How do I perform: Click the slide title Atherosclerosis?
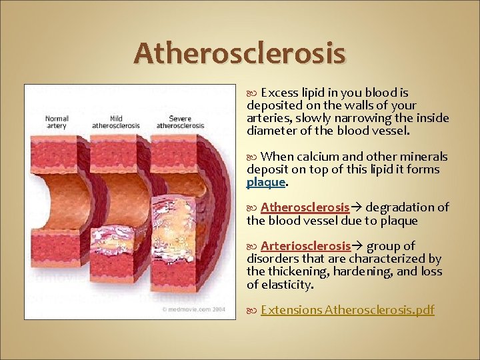point(239,53)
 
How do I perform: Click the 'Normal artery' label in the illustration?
point(57,121)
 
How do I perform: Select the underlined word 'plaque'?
point(266,182)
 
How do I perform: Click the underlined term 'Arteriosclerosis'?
point(305,246)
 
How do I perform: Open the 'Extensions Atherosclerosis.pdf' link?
point(347,310)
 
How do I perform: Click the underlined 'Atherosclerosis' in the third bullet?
point(305,207)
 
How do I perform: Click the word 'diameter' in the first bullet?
point(269,131)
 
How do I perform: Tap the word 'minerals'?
point(425,157)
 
